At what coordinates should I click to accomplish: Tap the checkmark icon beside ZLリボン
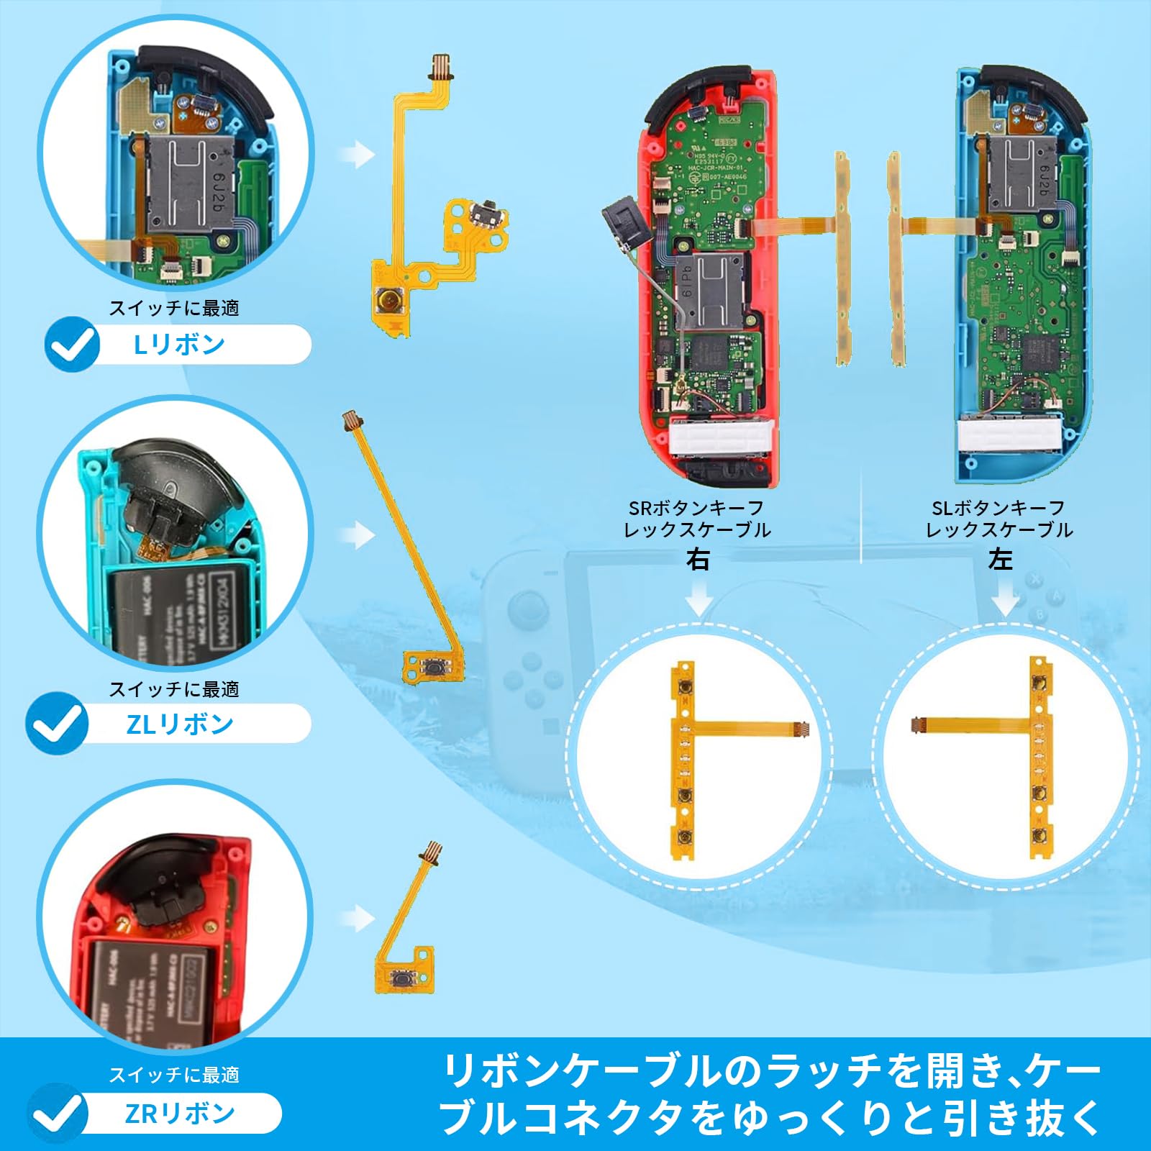pyautogui.click(x=57, y=724)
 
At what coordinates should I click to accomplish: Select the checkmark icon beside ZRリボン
pyautogui.click(x=58, y=1114)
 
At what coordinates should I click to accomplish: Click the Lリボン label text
pyautogui.click(x=180, y=345)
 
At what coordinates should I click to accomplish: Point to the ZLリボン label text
pyautogui.click(x=180, y=724)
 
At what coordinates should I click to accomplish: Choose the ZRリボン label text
pyautogui.click(x=180, y=1114)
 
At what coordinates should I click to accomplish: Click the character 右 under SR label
pyautogui.click(x=697, y=560)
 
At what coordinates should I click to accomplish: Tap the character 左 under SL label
pyautogui.click(x=1000, y=560)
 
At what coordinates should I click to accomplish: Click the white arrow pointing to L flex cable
pyautogui.click(x=358, y=154)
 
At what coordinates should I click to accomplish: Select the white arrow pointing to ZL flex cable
pyautogui.click(x=358, y=534)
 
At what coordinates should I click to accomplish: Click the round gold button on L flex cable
pyautogui.click(x=391, y=298)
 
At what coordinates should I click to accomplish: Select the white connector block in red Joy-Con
pyautogui.click(x=721, y=438)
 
